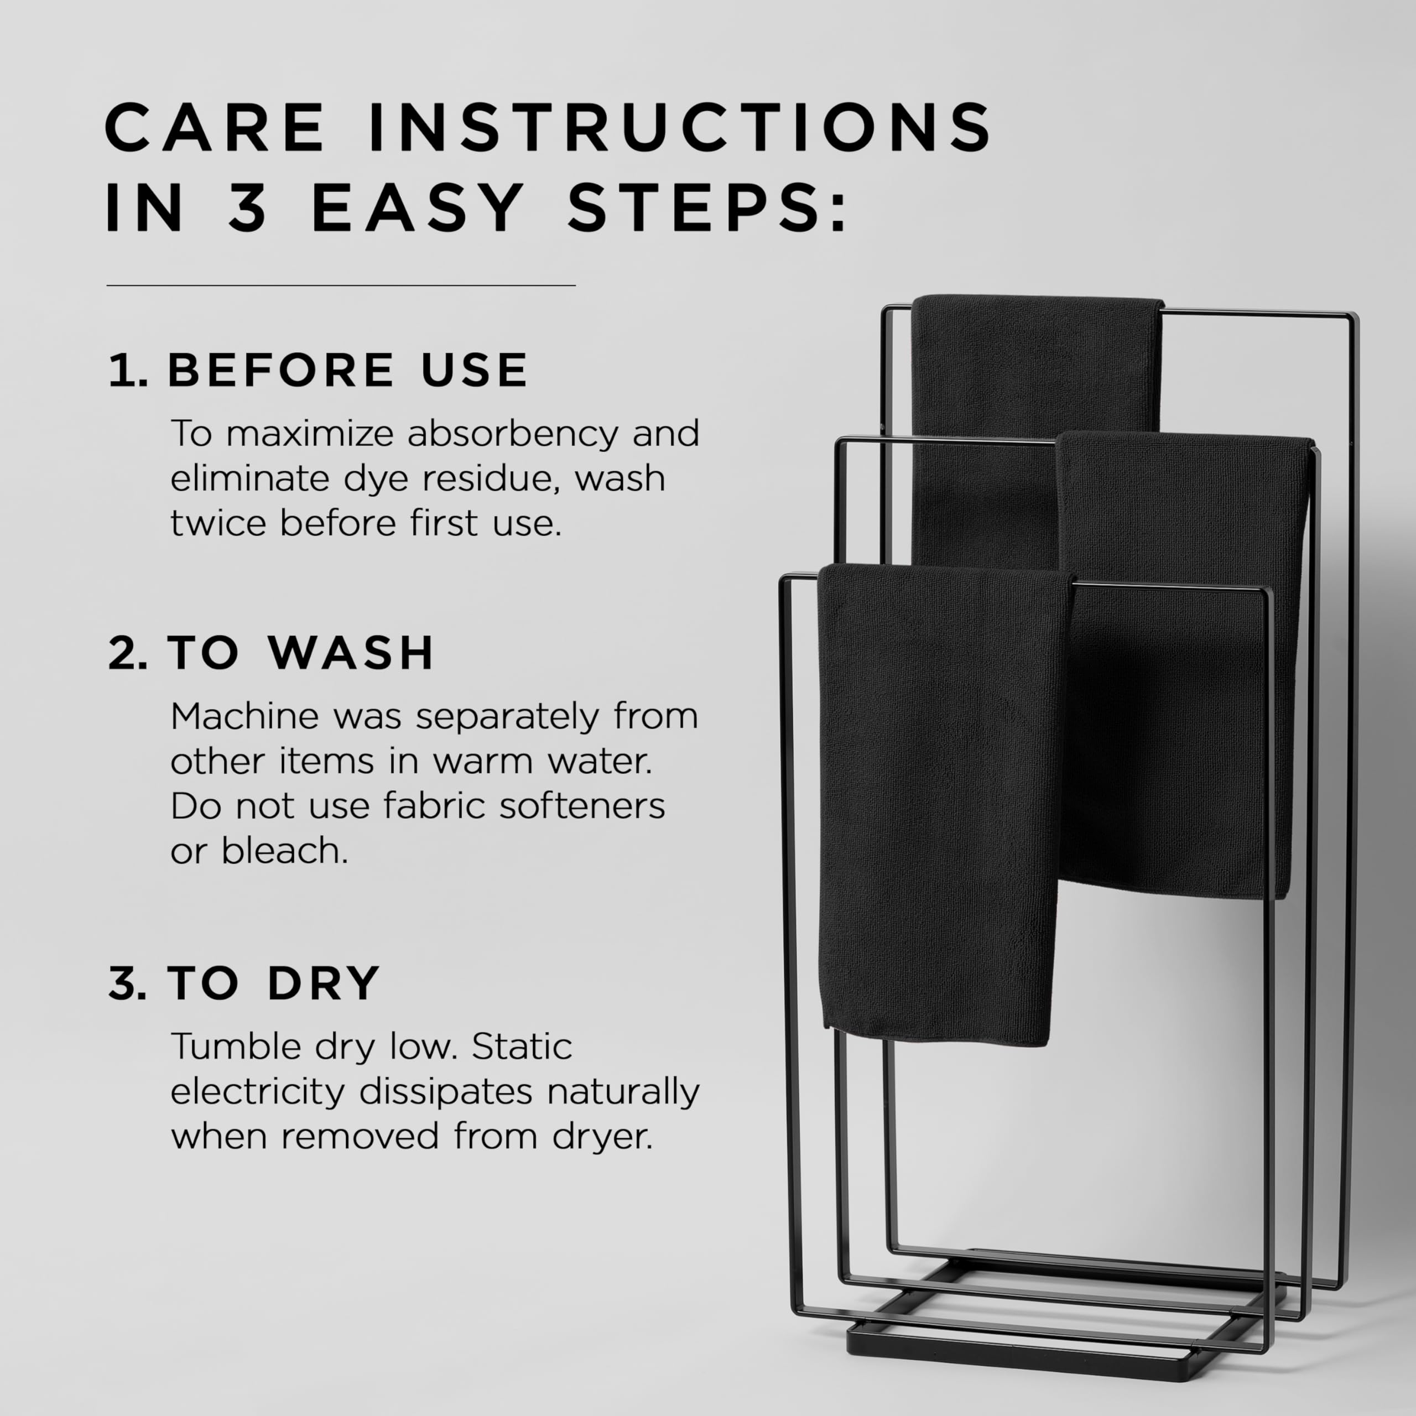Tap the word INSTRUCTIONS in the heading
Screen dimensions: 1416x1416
pyautogui.click(x=679, y=128)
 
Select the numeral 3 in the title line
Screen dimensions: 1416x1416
pyautogui.click(x=248, y=209)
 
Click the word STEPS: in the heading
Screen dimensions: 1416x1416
pyautogui.click(x=707, y=209)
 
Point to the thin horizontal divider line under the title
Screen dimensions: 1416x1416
pyautogui.click(x=341, y=285)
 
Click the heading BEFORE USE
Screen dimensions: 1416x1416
pyautogui.click(x=347, y=369)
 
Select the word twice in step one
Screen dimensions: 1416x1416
pyautogui.click(x=218, y=523)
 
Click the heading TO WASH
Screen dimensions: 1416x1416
pyautogui.click(x=300, y=652)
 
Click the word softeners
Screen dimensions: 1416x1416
pyautogui.click(x=582, y=806)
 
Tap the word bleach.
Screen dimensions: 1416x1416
pyautogui.click(x=284, y=851)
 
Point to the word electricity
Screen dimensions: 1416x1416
pyautogui.click(x=257, y=1091)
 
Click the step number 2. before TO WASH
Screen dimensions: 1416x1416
pyautogui.click(x=127, y=652)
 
